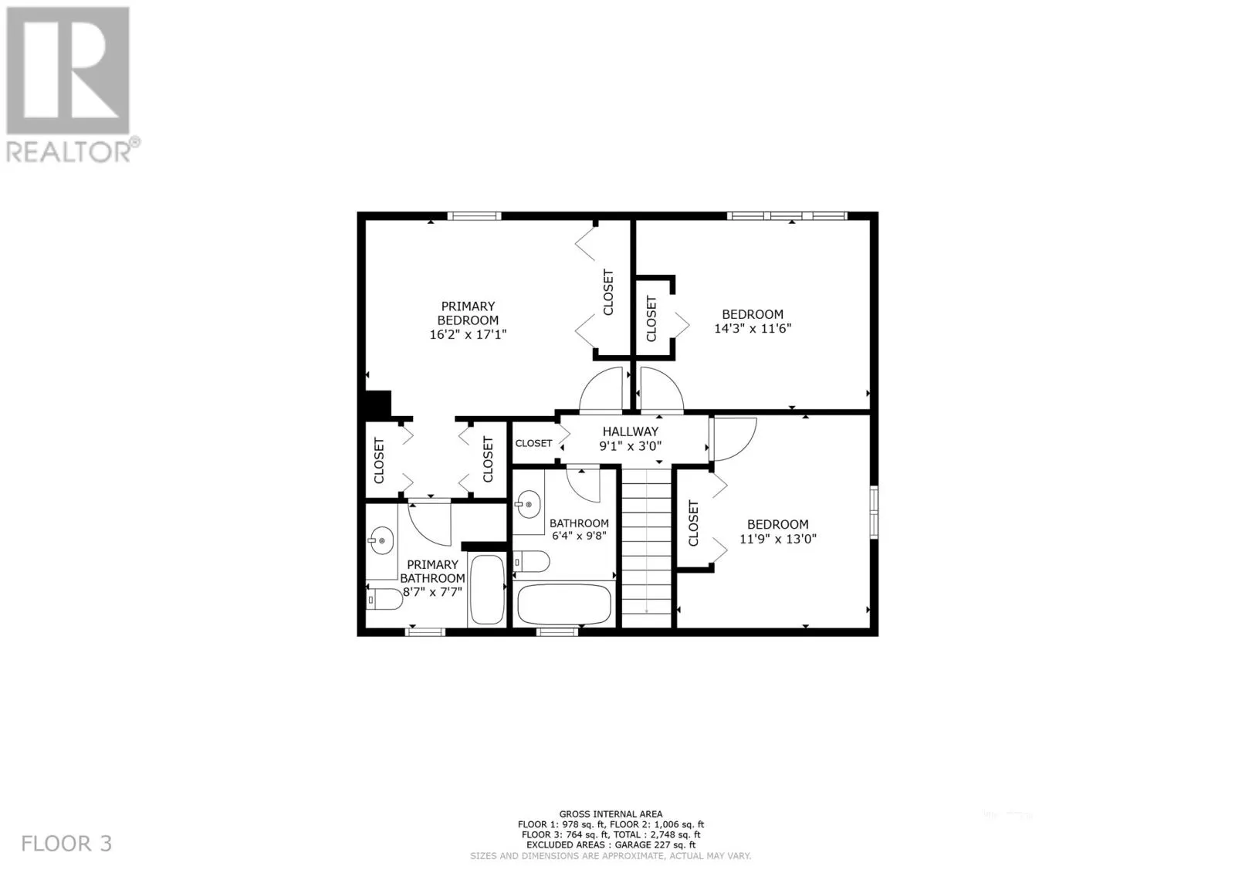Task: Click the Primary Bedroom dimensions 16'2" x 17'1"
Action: coord(468,334)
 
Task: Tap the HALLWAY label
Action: coord(630,431)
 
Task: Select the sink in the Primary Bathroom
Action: coord(381,540)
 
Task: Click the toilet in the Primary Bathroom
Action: coord(385,600)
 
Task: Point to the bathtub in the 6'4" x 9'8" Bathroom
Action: coord(564,604)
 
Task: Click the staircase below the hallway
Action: coord(646,548)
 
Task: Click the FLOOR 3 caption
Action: coord(66,843)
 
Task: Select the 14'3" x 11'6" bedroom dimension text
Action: coord(753,328)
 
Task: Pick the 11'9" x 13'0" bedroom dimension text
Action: coord(777,538)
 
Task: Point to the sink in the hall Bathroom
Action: coord(528,504)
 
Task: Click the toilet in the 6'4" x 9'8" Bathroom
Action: coord(532,562)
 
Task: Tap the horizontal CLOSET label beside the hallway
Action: coord(533,443)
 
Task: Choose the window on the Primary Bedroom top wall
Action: coord(474,215)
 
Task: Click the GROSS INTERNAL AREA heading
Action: coord(611,814)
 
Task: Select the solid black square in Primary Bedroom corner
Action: coord(377,404)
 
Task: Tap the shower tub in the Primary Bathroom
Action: coord(487,589)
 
